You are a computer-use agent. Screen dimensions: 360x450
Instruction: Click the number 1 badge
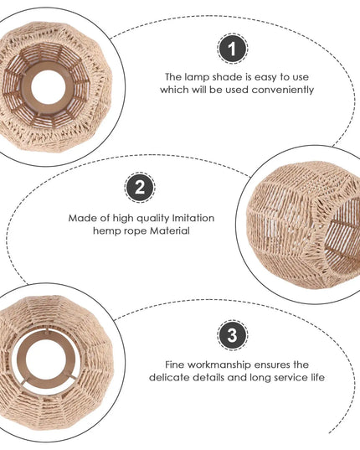click(232, 49)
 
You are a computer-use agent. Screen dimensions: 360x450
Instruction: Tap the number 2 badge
click(140, 188)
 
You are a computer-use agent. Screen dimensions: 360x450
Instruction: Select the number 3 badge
click(232, 335)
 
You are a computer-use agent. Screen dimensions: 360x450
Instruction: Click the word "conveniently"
click(282, 90)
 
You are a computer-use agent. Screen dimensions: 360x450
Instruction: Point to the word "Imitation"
click(193, 218)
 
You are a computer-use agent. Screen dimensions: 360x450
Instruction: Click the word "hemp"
click(105, 231)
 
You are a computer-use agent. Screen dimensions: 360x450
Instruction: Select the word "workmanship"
click(219, 365)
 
